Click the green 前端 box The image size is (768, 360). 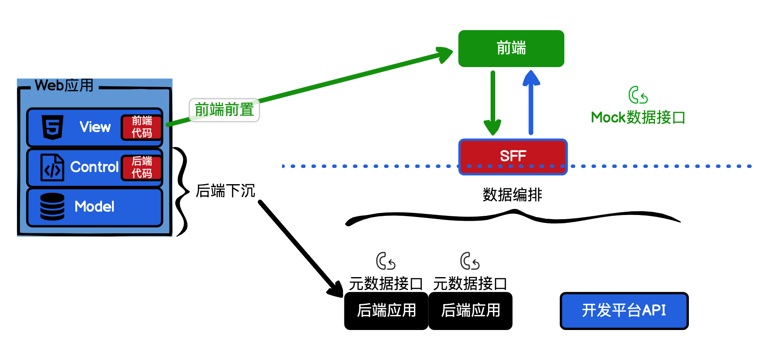tap(511, 48)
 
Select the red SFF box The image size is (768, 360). tap(513, 156)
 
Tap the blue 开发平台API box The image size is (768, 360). tap(624, 310)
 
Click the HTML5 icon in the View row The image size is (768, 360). tap(52, 127)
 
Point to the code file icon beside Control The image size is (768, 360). tap(52, 167)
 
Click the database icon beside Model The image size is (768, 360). tap(52, 206)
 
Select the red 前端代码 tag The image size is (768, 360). tap(142, 127)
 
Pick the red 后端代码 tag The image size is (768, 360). tap(142, 167)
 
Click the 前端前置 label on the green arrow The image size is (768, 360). tap(224, 110)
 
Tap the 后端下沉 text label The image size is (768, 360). tap(225, 191)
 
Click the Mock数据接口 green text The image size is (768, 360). tap(638, 117)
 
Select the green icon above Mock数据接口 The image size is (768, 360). tap(638, 95)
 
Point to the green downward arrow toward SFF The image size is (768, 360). tap(493, 104)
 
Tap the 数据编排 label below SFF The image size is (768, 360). tap(512, 195)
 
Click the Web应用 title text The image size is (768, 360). tap(64, 85)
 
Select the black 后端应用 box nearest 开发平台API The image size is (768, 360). tap(470, 310)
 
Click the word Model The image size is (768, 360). tap(95, 207)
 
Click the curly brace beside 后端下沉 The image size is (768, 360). tap(182, 192)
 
